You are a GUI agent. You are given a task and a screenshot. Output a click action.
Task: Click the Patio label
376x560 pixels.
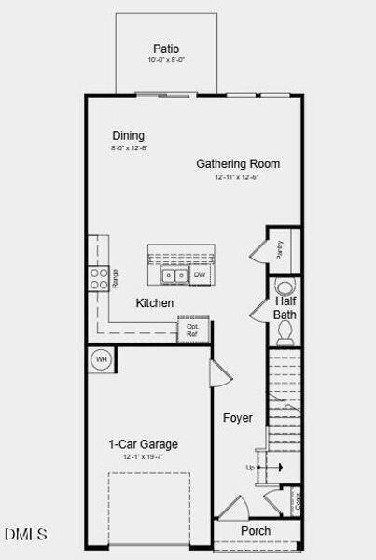(x=166, y=49)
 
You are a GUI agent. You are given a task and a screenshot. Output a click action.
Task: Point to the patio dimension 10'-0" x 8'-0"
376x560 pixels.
(x=166, y=60)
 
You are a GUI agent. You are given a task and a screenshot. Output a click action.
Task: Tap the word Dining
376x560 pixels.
(x=128, y=135)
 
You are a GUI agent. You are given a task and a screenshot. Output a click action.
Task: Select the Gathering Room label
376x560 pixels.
(x=237, y=164)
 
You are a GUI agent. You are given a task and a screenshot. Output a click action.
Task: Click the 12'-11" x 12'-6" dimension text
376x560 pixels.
(x=237, y=176)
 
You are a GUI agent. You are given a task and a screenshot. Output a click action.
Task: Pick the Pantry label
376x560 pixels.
(x=280, y=249)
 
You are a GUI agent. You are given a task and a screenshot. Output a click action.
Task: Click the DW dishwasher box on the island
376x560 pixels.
(x=199, y=275)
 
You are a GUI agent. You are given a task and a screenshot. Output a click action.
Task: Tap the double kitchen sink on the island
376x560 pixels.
(x=174, y=275)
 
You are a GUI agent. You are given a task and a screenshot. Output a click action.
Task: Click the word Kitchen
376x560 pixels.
(x=155, y=303)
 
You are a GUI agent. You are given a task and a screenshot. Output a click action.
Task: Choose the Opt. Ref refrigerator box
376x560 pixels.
(x=192, y=330)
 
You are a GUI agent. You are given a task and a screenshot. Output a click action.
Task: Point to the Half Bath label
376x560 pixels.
(x=285, y=308)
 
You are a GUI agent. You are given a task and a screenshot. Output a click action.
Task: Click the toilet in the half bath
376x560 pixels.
(x=285, y=286)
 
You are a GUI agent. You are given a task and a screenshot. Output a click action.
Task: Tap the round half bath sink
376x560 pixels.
(x=286, y=336)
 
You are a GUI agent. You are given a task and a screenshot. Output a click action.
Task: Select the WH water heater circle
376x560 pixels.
(x=101, y=359)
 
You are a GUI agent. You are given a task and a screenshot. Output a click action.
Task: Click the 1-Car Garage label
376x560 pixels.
(x=143, y=444)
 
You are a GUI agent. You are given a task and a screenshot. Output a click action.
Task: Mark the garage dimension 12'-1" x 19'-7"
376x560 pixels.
(x=143, y=457)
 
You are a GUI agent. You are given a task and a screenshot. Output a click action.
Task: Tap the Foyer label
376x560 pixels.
(x=237, y=418)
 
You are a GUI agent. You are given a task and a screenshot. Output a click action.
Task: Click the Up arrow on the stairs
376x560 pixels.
(x=259, y=467)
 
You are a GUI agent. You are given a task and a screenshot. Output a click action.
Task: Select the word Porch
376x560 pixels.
(x=256, y=531)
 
